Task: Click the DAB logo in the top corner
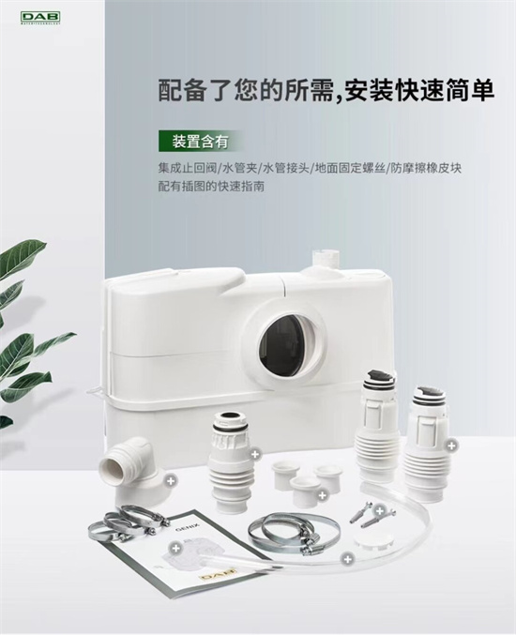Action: click(40, 18)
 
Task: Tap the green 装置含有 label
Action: click(201, 142)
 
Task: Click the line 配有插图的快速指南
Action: click(211, 187)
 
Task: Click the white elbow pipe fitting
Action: click(128, 469)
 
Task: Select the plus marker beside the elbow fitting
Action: click(171, 480)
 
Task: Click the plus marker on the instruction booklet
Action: click(175, 548)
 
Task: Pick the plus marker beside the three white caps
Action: click(323, 495)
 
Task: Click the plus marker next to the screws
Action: click(379, 510)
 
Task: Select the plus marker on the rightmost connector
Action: click(451, 446)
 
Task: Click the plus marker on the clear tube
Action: click(347, 559)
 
